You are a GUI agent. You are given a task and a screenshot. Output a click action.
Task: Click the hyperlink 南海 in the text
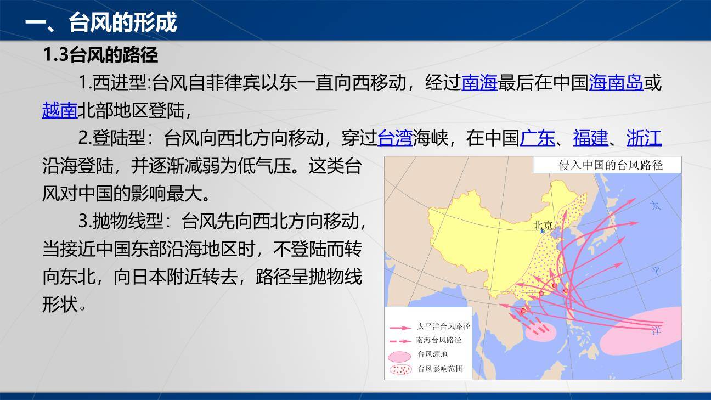[479, 83]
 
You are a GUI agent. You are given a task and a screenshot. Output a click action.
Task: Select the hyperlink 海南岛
[616, 83]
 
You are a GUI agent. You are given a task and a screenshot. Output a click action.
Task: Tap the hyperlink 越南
[60, 110]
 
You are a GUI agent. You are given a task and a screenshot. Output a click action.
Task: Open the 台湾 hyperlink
[395, 138]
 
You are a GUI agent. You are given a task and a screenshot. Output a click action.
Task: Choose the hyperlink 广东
[537, 138]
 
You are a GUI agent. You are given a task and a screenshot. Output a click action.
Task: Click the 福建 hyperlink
[591, 138]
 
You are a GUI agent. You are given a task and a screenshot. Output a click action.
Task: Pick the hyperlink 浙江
[644, 138]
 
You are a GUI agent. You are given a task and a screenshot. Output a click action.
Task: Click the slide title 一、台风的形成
[101, 23]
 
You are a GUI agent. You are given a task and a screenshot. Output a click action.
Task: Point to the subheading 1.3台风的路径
[100, 55]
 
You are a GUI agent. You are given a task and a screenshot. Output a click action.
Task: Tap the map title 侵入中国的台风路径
[611, 165]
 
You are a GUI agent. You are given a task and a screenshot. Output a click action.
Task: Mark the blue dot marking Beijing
[542, 232]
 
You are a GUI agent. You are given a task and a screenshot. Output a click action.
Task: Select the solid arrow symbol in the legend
[400, 327]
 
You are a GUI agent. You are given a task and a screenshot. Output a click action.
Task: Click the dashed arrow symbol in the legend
[400, 340]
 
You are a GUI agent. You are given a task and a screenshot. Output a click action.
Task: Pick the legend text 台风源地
[432, 354]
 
